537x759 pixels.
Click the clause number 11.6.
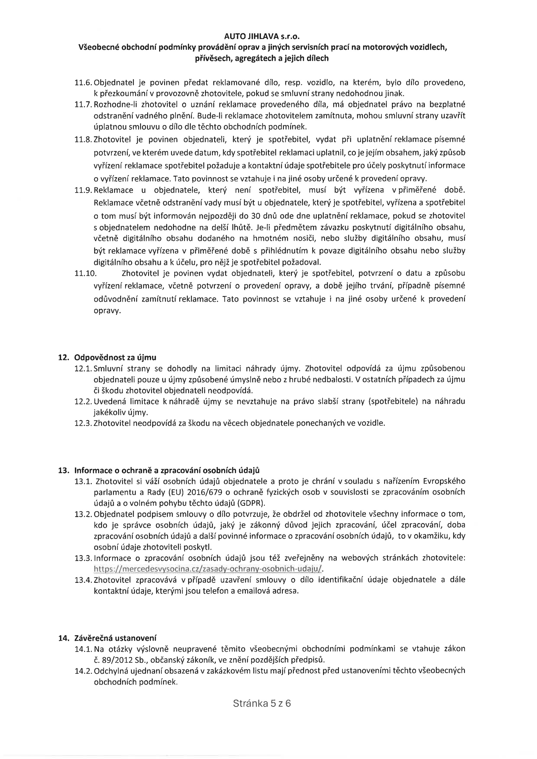click(84, 82)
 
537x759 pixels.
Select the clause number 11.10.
click(85, 273)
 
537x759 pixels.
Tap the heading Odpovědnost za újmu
click(115, 357)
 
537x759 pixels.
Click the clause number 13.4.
click(84, 580)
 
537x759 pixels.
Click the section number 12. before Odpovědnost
click(63, 357)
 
